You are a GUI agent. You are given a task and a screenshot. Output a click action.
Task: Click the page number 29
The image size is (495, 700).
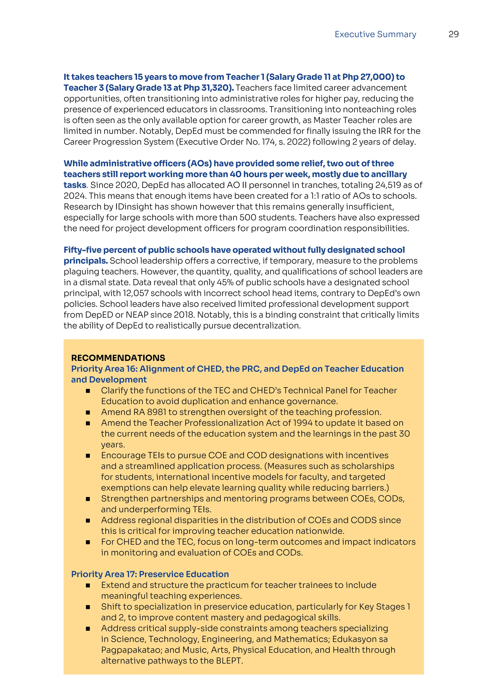pos(453,34)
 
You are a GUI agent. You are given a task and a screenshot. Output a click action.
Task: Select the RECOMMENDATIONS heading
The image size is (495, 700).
pos(118,358)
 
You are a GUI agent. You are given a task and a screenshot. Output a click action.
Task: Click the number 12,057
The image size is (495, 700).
pos(136,293)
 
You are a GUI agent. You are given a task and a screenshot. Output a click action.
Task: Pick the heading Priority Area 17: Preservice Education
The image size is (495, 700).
pos(150,574)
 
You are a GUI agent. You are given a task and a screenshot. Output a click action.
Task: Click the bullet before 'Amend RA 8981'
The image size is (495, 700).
pos(88,413)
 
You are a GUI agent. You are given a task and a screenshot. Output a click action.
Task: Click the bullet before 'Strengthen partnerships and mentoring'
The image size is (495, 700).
pos(88,499)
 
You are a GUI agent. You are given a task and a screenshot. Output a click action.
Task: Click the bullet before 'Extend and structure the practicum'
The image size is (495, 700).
pos(88,585)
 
